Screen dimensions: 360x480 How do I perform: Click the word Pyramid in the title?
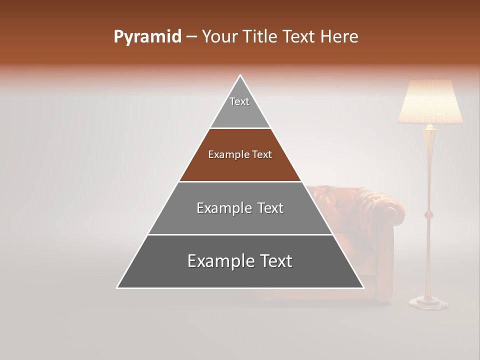point(147,37)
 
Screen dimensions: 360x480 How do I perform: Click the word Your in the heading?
point(219,37)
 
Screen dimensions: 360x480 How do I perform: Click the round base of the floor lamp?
point(428,302)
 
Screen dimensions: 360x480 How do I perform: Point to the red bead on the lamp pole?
point(428,215)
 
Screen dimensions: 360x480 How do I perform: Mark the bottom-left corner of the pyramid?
point(117,287)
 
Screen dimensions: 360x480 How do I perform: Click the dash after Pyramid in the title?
point(191,37)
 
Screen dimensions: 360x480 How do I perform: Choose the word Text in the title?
point(299,37)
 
